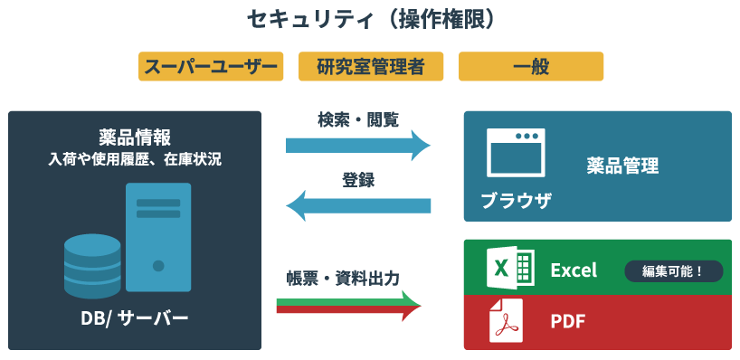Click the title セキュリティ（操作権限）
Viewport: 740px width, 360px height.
click(370, 20)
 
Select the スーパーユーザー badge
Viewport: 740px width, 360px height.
click(211, 67)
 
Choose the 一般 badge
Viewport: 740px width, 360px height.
click(531, 67)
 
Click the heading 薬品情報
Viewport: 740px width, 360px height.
click(135, 137)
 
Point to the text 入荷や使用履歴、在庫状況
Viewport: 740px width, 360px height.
click(135, 160)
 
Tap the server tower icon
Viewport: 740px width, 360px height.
click(158, 237)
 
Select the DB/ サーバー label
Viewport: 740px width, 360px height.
click(135, 318)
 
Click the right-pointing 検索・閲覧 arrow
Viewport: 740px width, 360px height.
click(358, 145)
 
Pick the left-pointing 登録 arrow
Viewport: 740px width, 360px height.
click(358, 205)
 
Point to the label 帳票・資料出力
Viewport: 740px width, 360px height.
click(343, 278)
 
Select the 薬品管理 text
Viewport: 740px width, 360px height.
click(622, 166)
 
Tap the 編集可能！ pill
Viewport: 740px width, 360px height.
click(674, 270)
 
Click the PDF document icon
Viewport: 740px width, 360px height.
click(507, 321)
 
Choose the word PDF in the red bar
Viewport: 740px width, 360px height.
click(568, 321)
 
